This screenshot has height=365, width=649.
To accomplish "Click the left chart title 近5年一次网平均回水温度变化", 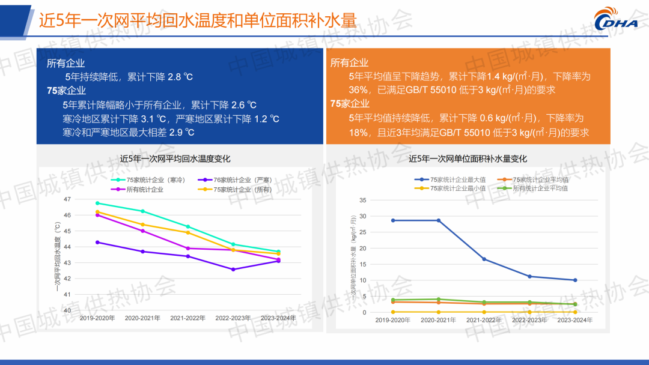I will (x=175, y=159).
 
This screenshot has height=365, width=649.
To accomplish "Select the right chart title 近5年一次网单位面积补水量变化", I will (x=468, y=159).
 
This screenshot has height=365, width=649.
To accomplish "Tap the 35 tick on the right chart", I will (x=362, y=200).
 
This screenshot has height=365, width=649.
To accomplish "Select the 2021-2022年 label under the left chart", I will (x=187, y=318).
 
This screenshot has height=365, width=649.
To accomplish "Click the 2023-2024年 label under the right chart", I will (x=574, y=321).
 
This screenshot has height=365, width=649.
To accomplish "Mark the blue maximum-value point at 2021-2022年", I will (x=484, y=259).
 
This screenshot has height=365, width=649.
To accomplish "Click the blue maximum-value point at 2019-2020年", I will (x=393, y=220).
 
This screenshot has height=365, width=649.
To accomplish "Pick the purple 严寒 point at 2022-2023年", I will (x=233, y=270).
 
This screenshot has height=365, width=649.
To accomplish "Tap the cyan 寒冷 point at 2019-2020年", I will (x=97, y=203).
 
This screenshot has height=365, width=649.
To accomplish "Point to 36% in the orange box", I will (x=358, y=90).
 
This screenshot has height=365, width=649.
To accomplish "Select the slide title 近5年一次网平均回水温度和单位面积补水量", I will (x=198, y=21).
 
